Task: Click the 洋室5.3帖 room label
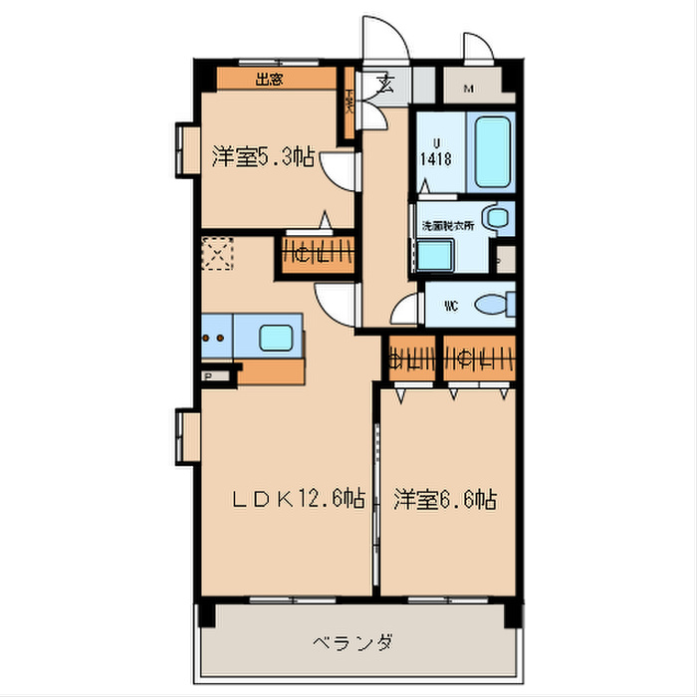pyautogui.click(x=263, y=156)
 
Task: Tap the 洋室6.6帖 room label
pyautogui.click(x=444, y=500)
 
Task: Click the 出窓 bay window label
pyautogui.click(x=268, y=81)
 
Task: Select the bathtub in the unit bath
pyautogui.click(x=493, y=151)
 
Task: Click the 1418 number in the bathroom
pyautogui.click(x=433, y=157)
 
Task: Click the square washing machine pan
pyautogui.click(x=435, y=255)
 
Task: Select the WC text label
pyautogui.click(x=449, y=304)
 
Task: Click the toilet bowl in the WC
pyautogui.click(x=492, y=305)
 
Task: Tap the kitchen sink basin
pyautogui.click(x=279, y=337)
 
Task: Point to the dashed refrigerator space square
pyautogui.click(x=216, y=253)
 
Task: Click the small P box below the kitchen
pyautogui.click(x=208, y=375)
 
